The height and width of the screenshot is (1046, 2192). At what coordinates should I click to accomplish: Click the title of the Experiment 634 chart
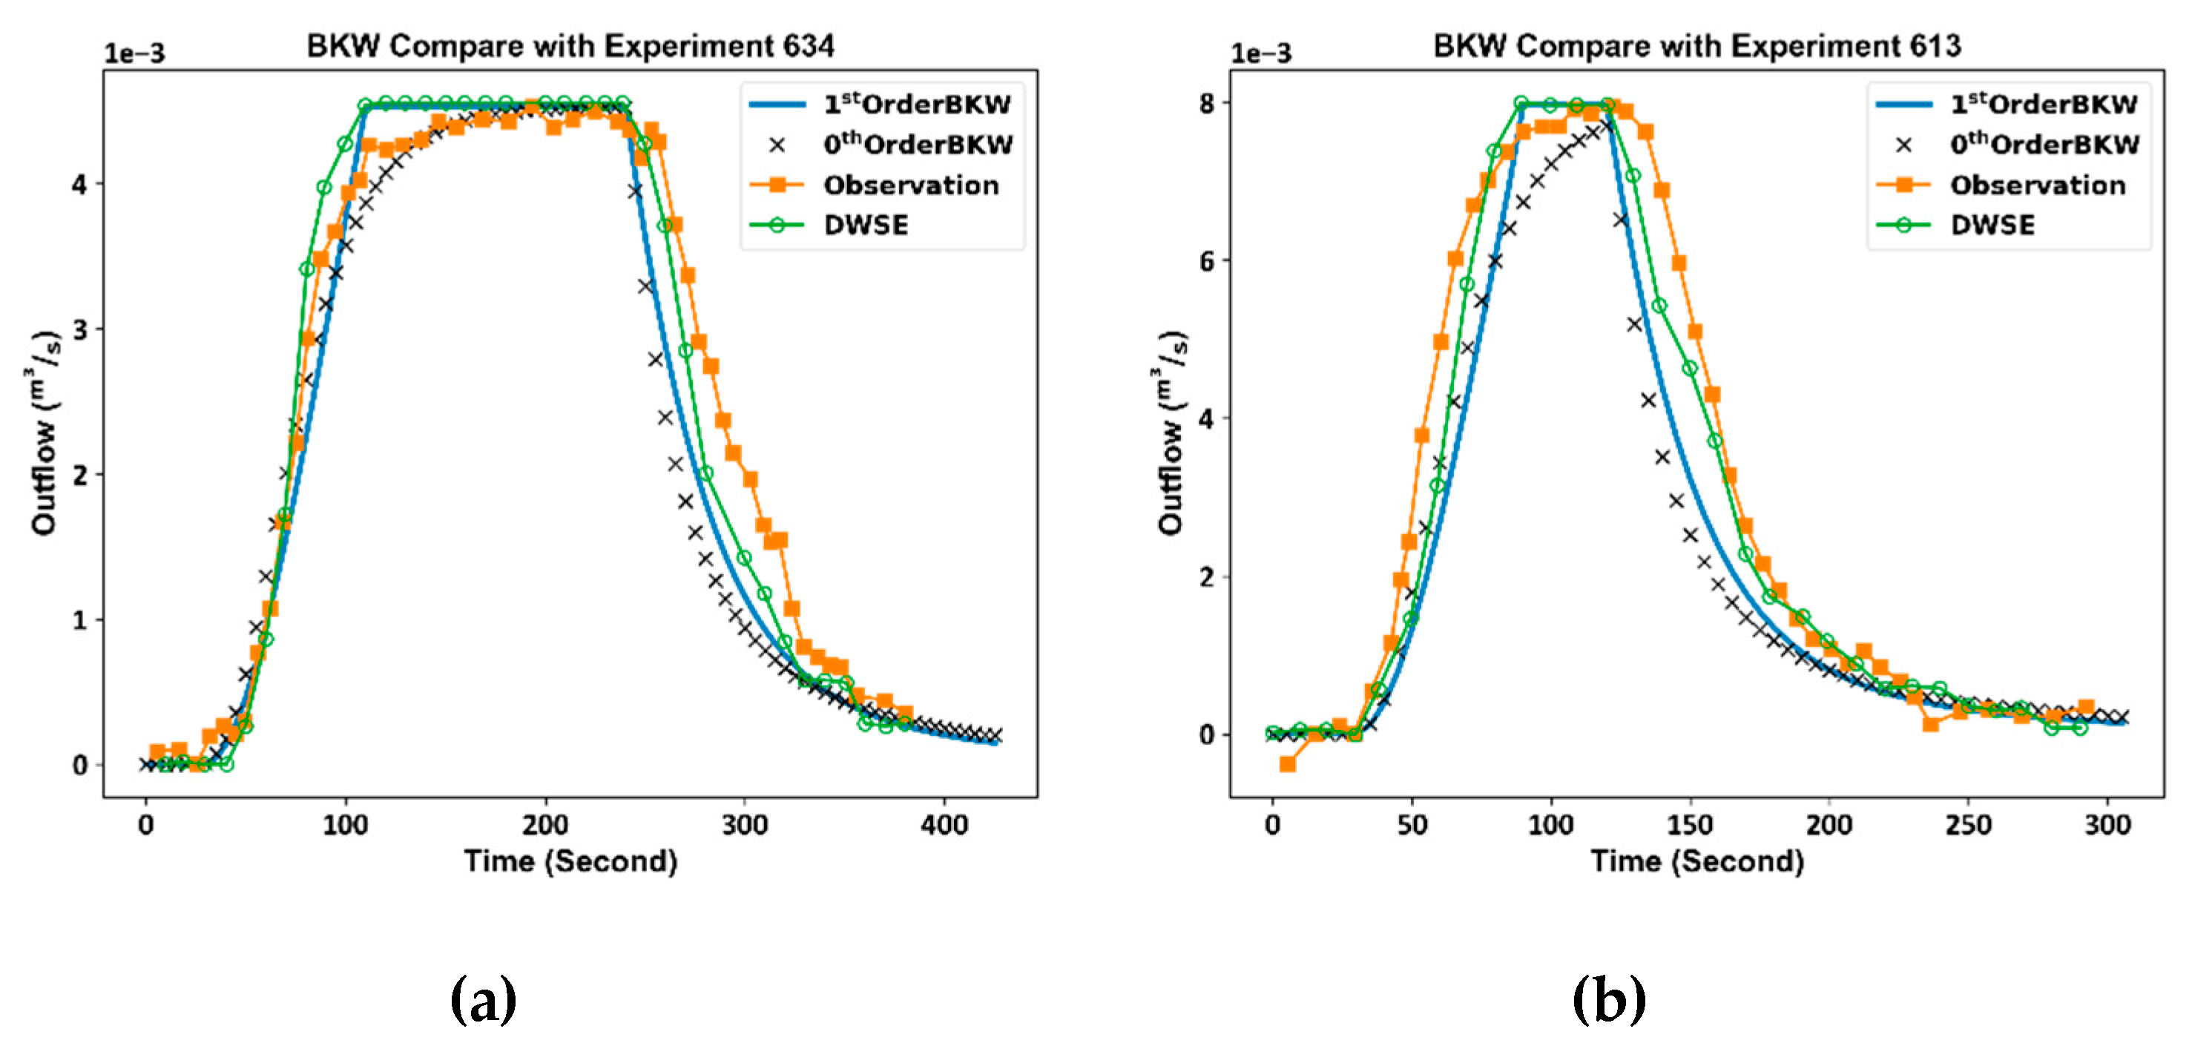click(x=570, y=46)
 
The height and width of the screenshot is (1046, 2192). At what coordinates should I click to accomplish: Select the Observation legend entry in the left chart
click(x=910, y=185)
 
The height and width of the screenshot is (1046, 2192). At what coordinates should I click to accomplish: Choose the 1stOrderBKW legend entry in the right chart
click(x=2043, y=105)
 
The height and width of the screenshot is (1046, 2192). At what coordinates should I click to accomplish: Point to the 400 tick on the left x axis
click(x=944, y=825)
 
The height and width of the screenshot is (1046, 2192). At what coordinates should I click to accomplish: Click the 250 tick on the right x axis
click(x=1967, y=825)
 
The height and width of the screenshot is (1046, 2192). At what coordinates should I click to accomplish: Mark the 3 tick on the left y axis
click(x=80, y=329)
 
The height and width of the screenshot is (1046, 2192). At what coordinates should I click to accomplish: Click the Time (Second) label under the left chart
click(x=570, y=861)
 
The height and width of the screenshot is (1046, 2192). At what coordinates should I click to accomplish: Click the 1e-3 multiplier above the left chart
click(x=134, y=53)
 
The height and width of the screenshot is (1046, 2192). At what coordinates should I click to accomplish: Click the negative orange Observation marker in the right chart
click(x=1288, y=764)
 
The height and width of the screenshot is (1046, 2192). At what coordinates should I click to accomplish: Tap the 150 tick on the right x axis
click(x=1689, y=825)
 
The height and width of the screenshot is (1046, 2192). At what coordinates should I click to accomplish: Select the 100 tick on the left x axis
click(x=346, y=825)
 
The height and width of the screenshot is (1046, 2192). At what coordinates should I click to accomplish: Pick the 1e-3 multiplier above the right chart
click(x=1260, y=53)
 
